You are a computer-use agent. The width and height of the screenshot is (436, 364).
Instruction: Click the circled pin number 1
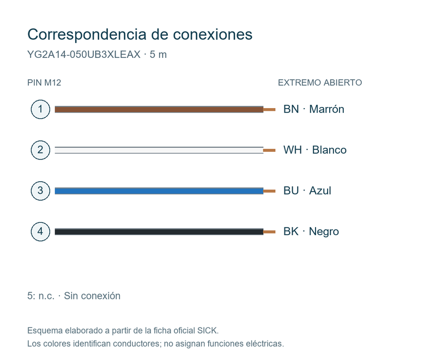(x=40, y=109)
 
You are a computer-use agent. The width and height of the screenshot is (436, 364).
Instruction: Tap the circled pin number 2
(x=40, y=150)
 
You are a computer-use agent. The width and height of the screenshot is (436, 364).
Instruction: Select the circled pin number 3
(x=40, y=191)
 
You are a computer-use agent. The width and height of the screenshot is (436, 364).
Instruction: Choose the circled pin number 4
(x=40, y=231)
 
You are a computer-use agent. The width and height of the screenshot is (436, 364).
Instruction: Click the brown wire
(x=159, y=110)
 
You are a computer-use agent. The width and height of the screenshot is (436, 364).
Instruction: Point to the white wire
(x=159, y=150)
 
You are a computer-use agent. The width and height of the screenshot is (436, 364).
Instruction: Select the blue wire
(x=159, y=191)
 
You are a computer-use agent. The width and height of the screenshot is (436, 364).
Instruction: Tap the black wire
(x=159, y=231)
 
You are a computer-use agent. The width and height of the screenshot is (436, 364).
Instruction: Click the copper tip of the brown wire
(x=269, y=110)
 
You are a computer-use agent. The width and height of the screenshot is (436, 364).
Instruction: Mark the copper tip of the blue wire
(x=269, y=191)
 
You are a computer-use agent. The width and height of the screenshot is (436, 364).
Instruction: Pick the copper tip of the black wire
(x=269, y=231)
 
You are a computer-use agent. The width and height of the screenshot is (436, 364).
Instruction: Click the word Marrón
(x=326, y=109)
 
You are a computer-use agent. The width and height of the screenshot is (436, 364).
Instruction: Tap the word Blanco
(x=329, y=150)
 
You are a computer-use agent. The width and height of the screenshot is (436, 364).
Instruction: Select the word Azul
(x=320, y=191)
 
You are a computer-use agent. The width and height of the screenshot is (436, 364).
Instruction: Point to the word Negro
(x=324, y=232)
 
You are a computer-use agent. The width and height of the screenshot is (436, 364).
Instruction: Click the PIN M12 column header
(x=44, y=83)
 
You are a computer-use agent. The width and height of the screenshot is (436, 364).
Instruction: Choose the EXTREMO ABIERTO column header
(x=320, y=83)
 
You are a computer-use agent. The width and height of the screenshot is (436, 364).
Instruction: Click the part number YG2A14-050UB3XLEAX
(x=84, y=55)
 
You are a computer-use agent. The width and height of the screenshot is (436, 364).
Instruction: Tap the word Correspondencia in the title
(x=87, y=35)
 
